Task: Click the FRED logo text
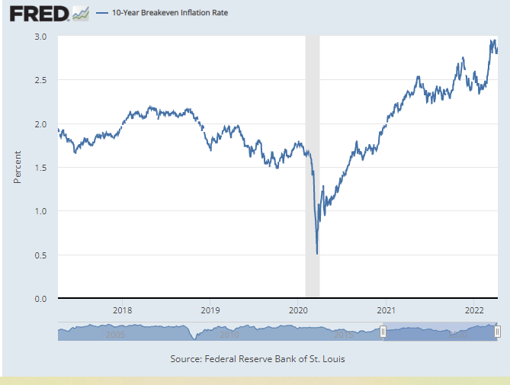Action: [x=37, y=14]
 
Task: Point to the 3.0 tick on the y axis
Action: [x=41, y=37]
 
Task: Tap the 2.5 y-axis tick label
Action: [x=41, y=80]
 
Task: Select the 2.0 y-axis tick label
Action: [x=41, y=124]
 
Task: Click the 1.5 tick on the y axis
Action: [x=41, y=168]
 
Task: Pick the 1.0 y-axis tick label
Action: [x=41, y=211]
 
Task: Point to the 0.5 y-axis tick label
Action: [x=41, y=255]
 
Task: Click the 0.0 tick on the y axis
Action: [x=41, y=299]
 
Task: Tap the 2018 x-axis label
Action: [x=122, y=310]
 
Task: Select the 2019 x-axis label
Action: [x=210, y=310]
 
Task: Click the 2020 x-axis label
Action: [x=298, y=310]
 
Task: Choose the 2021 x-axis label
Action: [x=387, y=310]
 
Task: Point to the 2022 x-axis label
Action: [x=474, y=310]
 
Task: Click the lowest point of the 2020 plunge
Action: [x=316, y=254]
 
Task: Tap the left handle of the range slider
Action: [x=383, y=332]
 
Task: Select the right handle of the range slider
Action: [x=497, y=332]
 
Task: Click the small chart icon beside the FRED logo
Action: [x=81, y=13]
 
